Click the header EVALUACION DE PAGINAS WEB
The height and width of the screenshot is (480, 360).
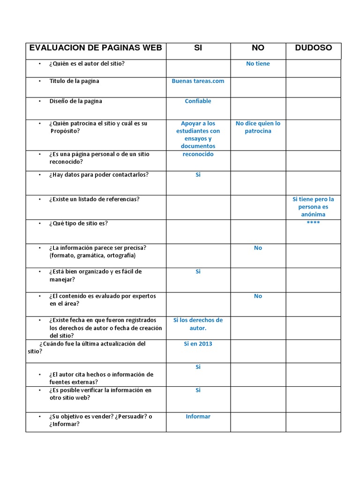tap(96, 48)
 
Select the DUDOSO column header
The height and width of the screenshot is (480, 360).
tap(313, 48)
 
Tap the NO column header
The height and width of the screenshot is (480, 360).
tap(258, 48)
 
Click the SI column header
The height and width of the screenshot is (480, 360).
tap(198, 48)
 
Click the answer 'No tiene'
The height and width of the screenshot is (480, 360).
tap(258, 64)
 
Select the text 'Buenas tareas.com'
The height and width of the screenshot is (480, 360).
tap(198, 81)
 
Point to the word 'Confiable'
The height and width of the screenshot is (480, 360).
tap(198, 101)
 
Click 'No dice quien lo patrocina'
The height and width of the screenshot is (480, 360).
tap(258, 127)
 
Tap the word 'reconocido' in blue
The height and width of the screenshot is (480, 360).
tap(198, 154)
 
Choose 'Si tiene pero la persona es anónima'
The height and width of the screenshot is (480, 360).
tap(313, 207)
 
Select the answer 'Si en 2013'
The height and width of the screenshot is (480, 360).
tap(198, 344)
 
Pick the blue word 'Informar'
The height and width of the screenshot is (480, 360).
tap(198, 416)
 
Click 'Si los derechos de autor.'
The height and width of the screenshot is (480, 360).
tap(198, 324)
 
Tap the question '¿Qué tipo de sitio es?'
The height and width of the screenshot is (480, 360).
tap(78, 223)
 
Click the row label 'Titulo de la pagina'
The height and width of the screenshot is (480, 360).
tap(74, 81)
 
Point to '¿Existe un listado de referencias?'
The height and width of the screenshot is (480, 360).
tap(94, 199)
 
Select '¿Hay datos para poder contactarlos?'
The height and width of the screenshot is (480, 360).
tap(98, 175)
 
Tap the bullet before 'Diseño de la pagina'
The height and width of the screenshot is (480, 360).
tap(40, 101)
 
